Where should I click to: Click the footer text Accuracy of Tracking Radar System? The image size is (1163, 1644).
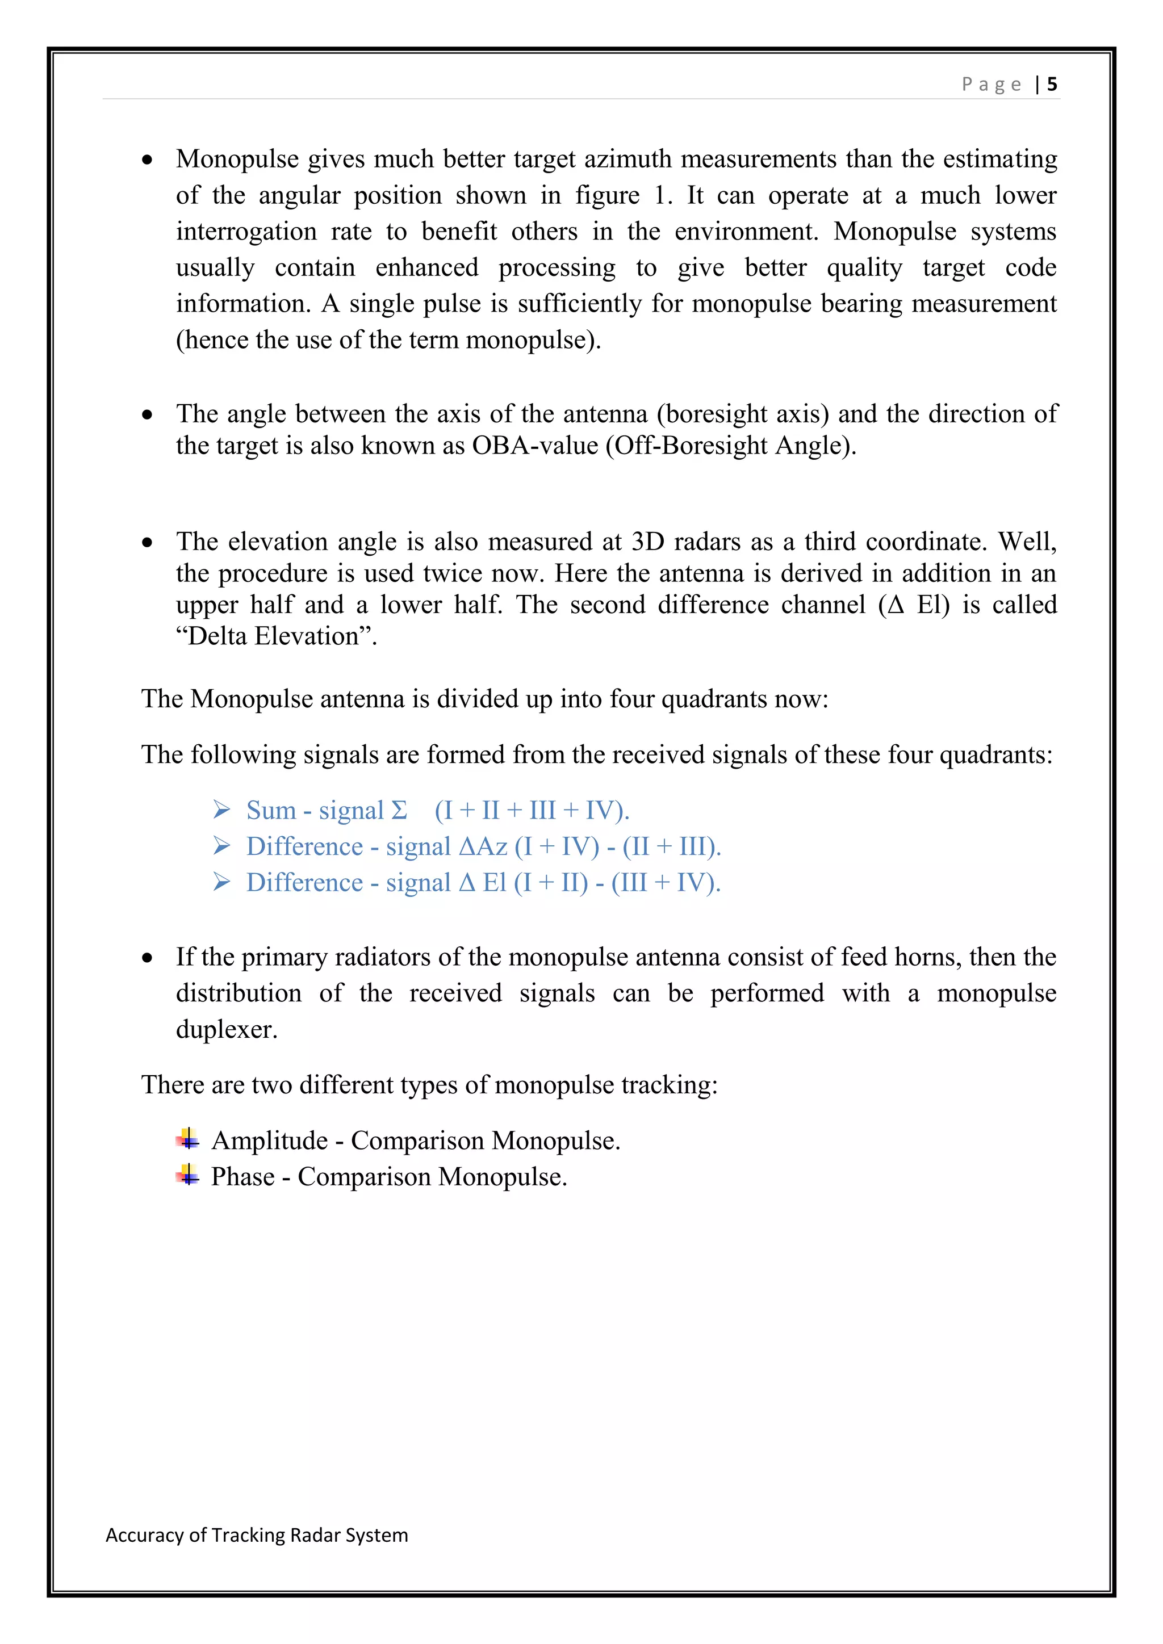click(x=256, y=1534)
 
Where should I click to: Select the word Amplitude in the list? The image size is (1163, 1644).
click(x=269, y=1140)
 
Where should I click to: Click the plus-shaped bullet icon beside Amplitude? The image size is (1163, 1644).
click(x=187, y=1139)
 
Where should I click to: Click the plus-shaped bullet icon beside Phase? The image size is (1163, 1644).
click(x=187, y=1175)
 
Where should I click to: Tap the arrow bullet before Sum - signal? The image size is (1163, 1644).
click(x=221, y=810)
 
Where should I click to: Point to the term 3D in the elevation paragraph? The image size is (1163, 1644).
click(x=647, y=542)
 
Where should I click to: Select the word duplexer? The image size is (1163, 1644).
click(x=227, y=1029)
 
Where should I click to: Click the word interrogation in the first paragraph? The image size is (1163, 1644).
click(x=246, y=231)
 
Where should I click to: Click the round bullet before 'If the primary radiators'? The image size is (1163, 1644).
click(x=148, y=958)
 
